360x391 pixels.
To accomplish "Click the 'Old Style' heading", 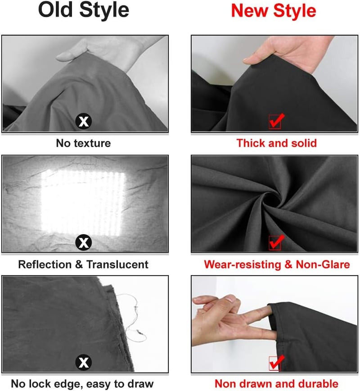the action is pyautogui.click(x=84, y=10).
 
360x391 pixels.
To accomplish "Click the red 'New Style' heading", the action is pyautogui.click(x=274, y=10).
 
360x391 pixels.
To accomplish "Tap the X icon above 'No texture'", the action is pyautogui.click(x=83, y=121).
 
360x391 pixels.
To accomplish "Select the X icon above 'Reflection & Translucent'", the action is pyautogui.click(x=83, y=242).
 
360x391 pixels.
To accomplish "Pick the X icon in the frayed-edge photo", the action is pyautogui.click(x=83, y=362).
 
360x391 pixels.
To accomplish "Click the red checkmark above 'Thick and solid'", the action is pyautogui.click(x=276, y=121).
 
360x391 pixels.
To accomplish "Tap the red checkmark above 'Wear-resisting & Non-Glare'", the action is pyautogui.click(x=276, y=242).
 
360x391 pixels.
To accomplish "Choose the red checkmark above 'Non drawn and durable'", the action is pyautogui.click(x=276, y=363).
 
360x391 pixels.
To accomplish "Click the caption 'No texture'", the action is pyautogui.click(x=83, y=143).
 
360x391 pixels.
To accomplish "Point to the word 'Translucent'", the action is pyautogui.click(x=117, y=264).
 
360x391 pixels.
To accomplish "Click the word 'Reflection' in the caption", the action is pyautogui.click(x=45, y=264).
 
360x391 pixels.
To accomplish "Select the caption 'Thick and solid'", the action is pyautogui.click(x=277, y=143).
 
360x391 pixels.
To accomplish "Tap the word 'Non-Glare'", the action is pyautogui.click(x=323, y=264).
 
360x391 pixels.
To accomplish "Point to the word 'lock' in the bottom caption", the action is pyautogui.click(x=39, y=384).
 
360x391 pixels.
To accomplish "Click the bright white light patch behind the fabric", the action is pyautogui.click(x=83, y=202).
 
